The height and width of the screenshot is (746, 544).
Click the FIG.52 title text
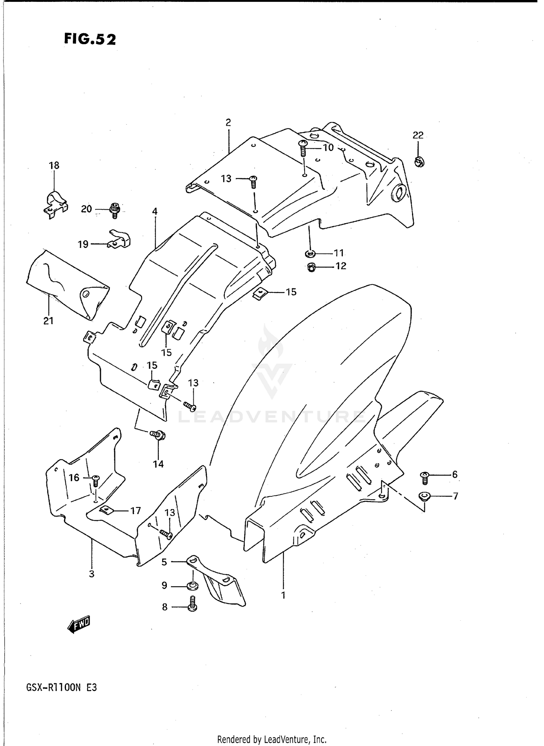[x=90, y=39]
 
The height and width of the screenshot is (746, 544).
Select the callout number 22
[x=418, y=135]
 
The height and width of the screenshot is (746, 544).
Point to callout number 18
[x=54, y=166]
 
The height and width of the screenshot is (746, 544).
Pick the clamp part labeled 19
[x=120, y=239]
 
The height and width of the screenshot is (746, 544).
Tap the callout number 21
[x=48, y=320]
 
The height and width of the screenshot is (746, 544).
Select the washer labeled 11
[x=310, y=253]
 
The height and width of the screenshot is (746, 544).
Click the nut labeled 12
[x=311, y=268]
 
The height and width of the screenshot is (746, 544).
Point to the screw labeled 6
[x=425, y=478]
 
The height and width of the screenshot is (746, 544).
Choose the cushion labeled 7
[x=424, y=496]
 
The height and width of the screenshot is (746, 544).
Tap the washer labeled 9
[x=192, y=585]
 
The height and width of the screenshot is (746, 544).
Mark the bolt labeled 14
[x=158, y=435]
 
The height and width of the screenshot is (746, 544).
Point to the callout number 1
[x=283, y=595]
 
